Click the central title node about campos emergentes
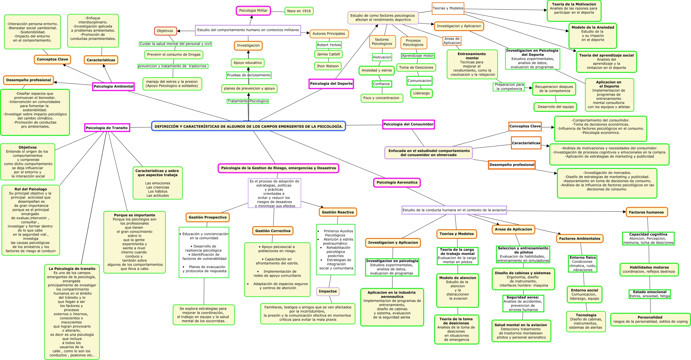tap(249, 126)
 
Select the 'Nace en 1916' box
tap(299, 11)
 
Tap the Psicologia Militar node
tap(253, 11)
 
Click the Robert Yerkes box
tap(329, 45)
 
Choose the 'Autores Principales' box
tap(329, 34)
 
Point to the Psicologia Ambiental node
tap(113, 86)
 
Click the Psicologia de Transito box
tap(107, 128)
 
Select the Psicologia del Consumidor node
tap(408, 124)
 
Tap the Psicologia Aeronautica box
tap(397, 182)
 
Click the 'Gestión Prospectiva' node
tap(207, 217)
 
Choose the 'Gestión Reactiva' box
tap(337, 212)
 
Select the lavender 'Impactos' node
tap(328, 291)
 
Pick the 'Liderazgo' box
tap(421, 93)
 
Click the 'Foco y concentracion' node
tap(381, 98)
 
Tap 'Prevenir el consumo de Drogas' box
tap(174, 54)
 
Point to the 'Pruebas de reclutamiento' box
tap(249, 75)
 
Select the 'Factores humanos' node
tap(646, 212)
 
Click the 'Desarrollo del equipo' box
tap(555, 107)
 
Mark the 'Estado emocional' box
tap(650, 294)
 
